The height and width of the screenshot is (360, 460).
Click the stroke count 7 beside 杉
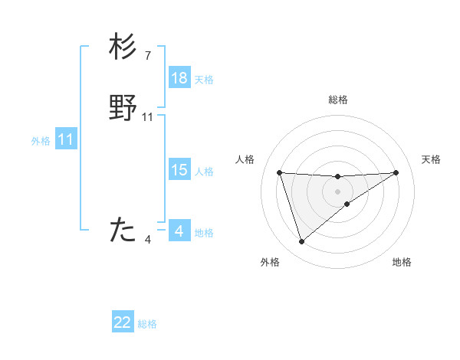click(148, 56)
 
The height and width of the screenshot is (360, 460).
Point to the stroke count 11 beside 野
click(148, 117)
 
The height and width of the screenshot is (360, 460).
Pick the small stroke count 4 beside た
click(148, 240)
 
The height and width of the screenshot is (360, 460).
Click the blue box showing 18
click(179, 78)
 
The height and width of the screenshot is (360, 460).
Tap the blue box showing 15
click(179, 170)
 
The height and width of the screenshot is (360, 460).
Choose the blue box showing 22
click(123, 322)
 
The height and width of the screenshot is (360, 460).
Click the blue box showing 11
click(66, 139)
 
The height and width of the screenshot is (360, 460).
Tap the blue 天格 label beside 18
click(204, 80)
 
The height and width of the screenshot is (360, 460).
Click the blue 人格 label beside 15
click(204, 172)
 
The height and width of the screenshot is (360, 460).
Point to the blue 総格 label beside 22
click(147, 324)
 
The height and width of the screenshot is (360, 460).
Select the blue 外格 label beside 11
click(41, 141)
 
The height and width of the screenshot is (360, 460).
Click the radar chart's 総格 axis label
click(338, 100)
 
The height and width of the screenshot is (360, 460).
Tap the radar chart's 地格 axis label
click(402, 263)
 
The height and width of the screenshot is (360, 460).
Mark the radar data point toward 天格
click(396, 172)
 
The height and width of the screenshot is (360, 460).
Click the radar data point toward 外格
click(302, 242)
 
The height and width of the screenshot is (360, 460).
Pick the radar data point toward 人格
click(280, 172)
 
